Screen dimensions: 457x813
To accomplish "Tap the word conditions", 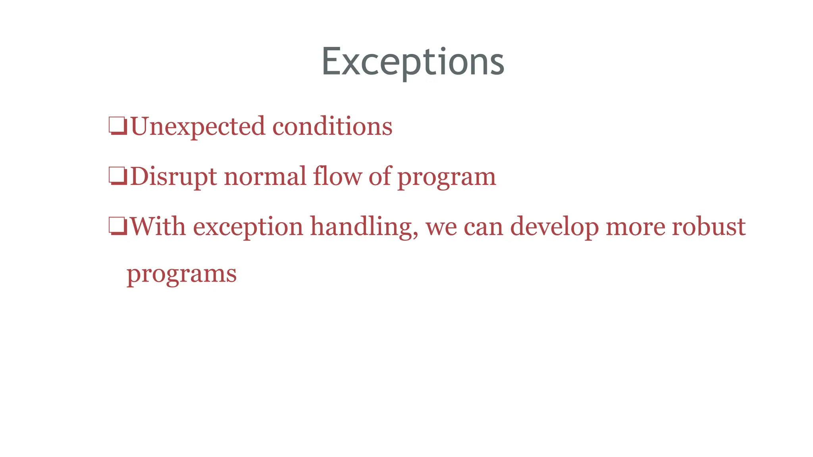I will (x=332, y=127).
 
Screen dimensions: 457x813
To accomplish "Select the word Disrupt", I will (x=173, y=177).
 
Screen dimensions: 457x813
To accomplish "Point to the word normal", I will (x=265, y=177).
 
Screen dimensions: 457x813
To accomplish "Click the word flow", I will (x=337, y=177).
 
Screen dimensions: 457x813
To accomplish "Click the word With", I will (x=158, y=227).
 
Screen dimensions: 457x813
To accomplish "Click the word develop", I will (x=554, y=227).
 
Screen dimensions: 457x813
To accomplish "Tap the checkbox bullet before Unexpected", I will (x=118, y=126).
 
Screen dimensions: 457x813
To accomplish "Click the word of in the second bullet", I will (x=380, y=177).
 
